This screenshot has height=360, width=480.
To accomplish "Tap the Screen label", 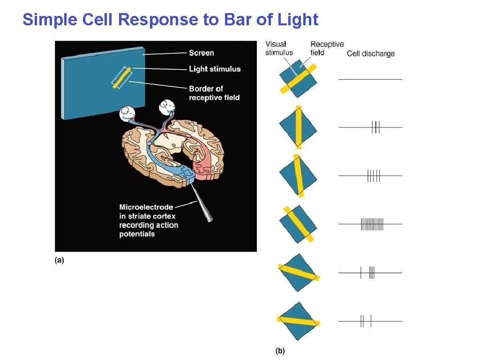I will pos(202,53).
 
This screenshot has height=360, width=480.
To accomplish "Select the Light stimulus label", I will pos(215,69).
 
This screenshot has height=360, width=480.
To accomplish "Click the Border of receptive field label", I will pos(214,93).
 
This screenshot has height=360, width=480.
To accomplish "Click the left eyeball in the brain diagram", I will pos(127,114).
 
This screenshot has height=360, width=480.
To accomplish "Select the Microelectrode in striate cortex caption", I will pos(148,220).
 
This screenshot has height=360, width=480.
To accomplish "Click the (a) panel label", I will pos(60,260).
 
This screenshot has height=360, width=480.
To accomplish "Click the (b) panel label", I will pos(280,350).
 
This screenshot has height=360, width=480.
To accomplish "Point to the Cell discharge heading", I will pos(371,53).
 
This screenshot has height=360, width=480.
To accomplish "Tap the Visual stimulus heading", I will pos(278,48).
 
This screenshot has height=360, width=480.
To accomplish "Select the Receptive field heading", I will pos(327,48).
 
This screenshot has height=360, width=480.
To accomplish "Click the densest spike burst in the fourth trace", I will pos(372,224).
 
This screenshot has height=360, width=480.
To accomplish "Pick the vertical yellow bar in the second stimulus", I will pos(299,127).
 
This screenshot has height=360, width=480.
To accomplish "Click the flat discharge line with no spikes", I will pos(370,79).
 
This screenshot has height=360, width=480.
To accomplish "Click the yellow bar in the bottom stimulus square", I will pos(298,322).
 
